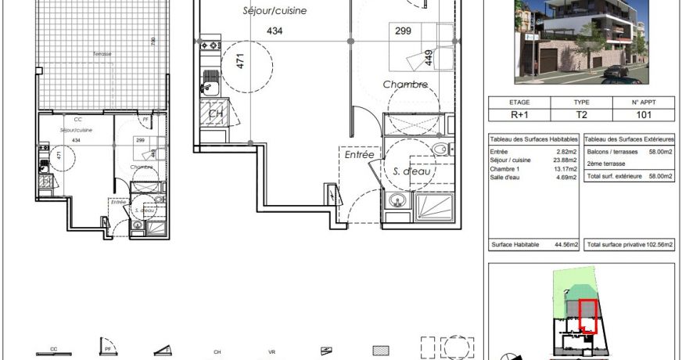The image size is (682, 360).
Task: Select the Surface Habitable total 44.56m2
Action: click(565, 245)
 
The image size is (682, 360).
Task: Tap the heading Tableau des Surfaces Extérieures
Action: click(629, 139)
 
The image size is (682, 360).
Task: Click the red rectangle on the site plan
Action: click(587, 316)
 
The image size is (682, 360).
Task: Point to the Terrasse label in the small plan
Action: click(101, 54)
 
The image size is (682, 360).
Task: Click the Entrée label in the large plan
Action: click(359, 156)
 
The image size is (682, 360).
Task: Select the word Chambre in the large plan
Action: click(404, 84)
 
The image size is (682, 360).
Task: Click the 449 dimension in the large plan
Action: click(429, 56)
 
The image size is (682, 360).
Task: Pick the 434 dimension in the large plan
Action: click(274, 31)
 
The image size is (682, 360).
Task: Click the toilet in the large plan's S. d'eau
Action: click(440, 149)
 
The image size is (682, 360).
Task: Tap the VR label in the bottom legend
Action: click(271, 352)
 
